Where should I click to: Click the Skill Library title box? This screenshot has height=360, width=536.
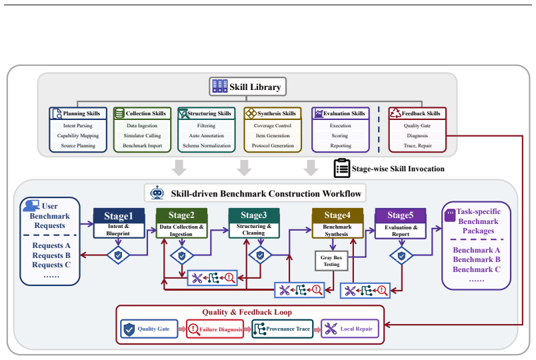[247, 87]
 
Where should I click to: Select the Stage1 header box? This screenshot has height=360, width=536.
[119, 216]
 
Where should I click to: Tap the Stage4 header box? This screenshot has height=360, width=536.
[337, 215]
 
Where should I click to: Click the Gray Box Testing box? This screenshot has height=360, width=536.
[331, 261]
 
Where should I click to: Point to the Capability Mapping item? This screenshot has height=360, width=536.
[78, 135]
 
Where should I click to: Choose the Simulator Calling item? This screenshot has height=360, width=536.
[142, 135]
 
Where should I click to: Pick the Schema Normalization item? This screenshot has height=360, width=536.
[207, 145]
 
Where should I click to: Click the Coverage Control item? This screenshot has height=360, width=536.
[273, 125]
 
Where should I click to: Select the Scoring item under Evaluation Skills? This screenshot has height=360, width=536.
[340, 135]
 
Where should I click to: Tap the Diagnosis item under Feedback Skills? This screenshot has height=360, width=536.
[417, 135]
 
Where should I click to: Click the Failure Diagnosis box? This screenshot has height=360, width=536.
[215, 329]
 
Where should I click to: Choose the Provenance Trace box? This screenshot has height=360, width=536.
[283, 329]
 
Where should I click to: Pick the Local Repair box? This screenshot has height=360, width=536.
[350, 329]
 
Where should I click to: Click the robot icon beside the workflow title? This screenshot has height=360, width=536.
[157, 193]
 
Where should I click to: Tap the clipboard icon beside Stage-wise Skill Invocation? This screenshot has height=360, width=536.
[342, 168]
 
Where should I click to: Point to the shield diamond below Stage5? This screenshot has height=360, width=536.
[401, 255]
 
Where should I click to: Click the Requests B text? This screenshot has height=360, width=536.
[51, 255]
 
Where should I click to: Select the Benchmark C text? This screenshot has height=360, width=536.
[477, 269]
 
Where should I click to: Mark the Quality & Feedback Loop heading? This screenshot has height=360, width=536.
[247, 312]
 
